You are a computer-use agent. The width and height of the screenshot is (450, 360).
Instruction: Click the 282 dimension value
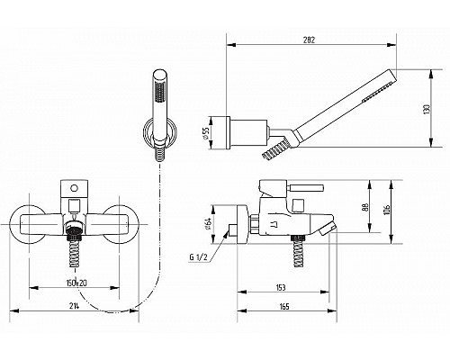click(309, 40)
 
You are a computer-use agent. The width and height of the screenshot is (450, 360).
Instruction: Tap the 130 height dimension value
click(427, 109)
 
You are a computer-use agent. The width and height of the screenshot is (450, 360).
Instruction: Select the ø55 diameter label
click(205, 132)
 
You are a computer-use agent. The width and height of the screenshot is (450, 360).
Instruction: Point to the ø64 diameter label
click(209, 223)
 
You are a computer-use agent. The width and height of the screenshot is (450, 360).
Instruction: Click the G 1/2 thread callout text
click(198, 257)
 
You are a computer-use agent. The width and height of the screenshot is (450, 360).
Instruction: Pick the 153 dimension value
click(280, 288)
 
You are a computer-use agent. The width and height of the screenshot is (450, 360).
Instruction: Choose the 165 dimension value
click(283, 307)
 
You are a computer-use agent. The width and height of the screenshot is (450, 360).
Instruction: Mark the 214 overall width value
click(74, 306)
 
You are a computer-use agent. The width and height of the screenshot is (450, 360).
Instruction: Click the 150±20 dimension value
click(76, 283)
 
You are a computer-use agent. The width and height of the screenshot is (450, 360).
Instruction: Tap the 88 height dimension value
click(365, 207)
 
